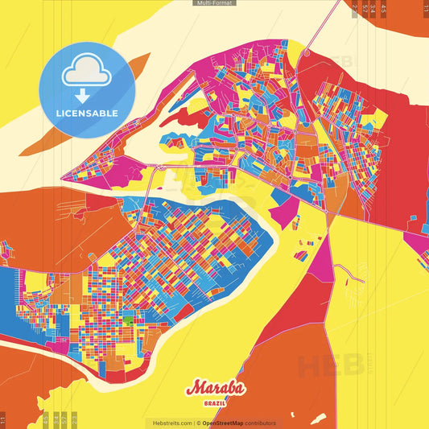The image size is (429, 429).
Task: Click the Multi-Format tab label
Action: (214, 3)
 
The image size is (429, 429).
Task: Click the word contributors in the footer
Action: (261, 423)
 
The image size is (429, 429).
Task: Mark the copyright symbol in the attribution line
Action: (199, 423)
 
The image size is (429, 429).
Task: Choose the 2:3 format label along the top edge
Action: (355, 8)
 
